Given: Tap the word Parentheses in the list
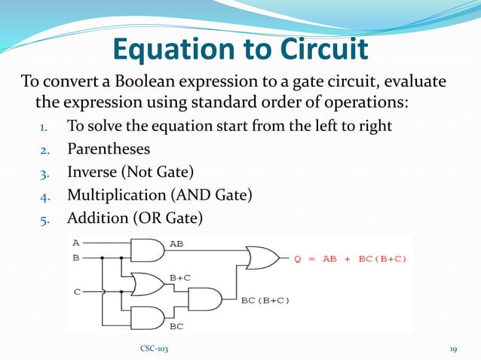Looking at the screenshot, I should coord(109,148).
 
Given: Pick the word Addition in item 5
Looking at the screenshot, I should coord(95,219).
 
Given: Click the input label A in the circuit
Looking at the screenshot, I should coord(75,243).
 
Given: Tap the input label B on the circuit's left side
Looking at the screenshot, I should coord(75,257).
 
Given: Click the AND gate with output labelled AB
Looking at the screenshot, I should coord(149,250).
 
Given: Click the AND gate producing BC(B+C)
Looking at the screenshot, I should coord(204,300).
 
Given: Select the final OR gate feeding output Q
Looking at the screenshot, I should coord(260,258).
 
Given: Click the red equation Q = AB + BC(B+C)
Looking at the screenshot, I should coord(351,259).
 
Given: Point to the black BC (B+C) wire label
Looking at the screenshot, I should coord(265,301).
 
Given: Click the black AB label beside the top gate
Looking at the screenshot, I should coord(176,244).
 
